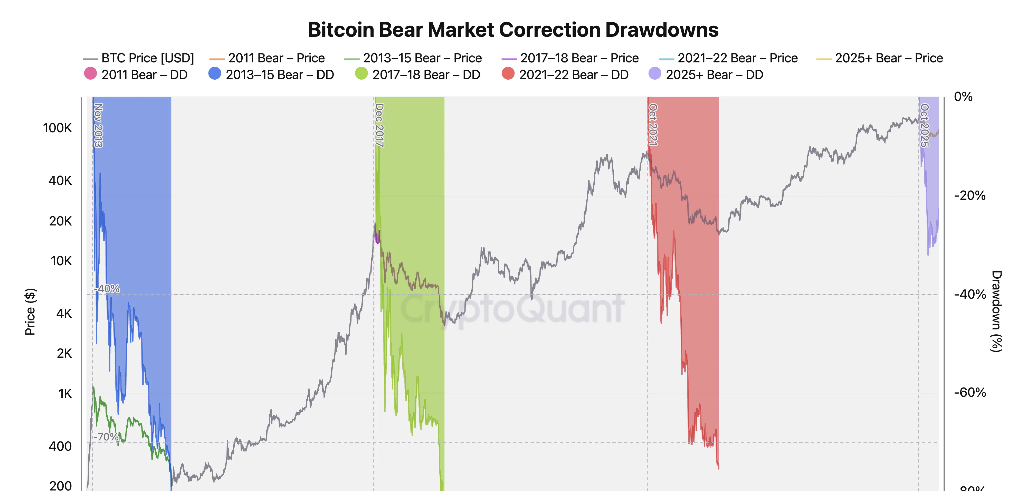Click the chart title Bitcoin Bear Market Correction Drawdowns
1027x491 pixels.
pos(513,30)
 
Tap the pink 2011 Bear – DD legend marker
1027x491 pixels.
pos(90,74)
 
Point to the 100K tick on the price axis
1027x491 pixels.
pos(58,128)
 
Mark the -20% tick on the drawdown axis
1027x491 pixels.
pos(969,195)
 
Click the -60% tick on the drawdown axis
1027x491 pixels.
pos(969,392)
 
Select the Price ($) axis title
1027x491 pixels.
pos(30,311)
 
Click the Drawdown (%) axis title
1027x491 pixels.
pos(996,311)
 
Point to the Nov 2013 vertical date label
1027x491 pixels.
pos(98,125)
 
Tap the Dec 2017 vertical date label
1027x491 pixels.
pos(379,125)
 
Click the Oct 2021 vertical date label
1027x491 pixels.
pos(653,125)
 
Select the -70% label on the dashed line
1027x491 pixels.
pos(106,437)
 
